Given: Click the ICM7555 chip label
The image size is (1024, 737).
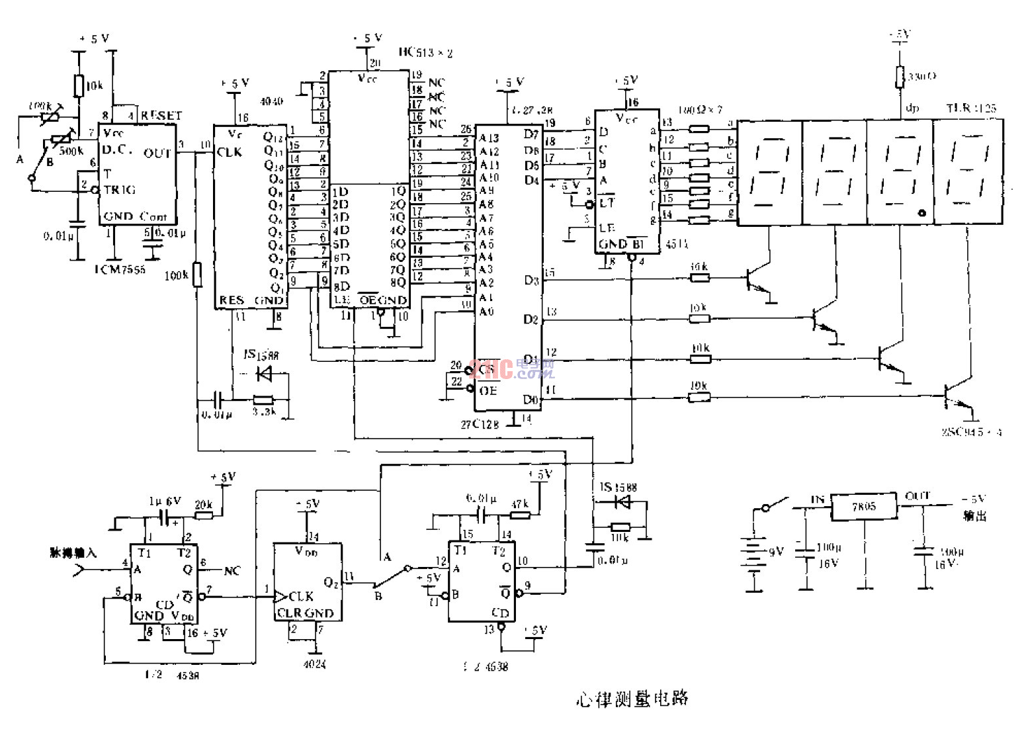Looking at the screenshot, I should (120, 269).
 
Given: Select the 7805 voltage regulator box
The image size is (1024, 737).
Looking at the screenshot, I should (864, 507).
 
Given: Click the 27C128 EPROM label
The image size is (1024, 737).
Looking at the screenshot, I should (480, 424).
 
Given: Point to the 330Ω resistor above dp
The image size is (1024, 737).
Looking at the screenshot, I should (900, 77).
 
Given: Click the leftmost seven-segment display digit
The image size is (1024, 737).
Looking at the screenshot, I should (769, 172).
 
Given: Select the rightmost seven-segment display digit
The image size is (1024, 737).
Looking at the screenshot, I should (968, 172).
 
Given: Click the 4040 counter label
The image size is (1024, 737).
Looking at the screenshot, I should (271, 101).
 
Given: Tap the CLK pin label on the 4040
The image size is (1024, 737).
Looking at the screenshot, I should (230, 152).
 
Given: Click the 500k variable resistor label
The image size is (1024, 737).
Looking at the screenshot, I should (71, 151).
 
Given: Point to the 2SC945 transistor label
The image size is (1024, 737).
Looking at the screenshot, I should (971, 432).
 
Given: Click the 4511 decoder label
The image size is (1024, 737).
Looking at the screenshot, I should (676, 244).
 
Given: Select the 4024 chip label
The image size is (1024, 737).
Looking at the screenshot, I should (314, 664).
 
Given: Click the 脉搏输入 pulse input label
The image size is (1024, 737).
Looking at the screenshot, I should (73, 552).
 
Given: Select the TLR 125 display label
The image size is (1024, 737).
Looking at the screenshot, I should (970, 108).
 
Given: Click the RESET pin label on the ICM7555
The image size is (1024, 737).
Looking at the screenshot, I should (161, 115).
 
